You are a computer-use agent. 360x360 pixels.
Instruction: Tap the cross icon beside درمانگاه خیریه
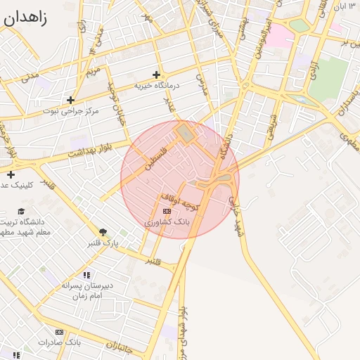click(x=156, y=75)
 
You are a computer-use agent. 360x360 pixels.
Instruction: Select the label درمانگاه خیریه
click(x=158, y=86)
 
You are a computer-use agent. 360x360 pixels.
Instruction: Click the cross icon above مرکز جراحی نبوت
click(x=70, y=100)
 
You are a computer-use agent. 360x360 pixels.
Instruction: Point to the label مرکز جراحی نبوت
click(x=71, y=111)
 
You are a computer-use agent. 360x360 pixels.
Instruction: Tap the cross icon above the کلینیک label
click(x=11, y=174)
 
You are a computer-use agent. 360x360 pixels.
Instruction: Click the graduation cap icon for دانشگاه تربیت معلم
click(x=22, y=211)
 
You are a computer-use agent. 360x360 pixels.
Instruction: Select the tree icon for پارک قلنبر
click(x=103, y=232)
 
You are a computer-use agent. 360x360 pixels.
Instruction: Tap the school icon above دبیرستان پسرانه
click(x=86, y=276)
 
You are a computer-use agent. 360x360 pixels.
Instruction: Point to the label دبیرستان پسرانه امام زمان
click(x=87, y=291)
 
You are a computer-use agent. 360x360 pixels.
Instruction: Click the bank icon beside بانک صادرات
click(x=59, y=332)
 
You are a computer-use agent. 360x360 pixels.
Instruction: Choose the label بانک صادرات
click(x=60, y=342)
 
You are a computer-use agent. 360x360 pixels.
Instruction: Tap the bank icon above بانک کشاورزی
click(x=167, y=211)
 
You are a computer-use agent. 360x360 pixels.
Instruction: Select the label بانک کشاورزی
click(x=167, y=221)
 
